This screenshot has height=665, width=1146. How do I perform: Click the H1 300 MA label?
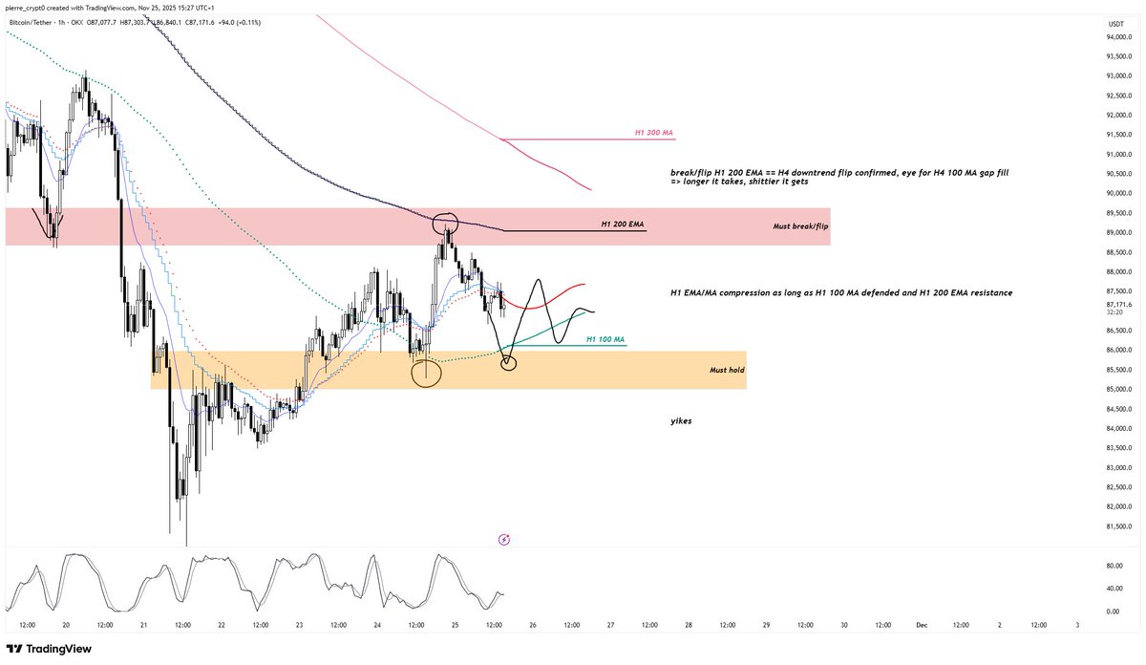pyautogui.click(x=655, y=133)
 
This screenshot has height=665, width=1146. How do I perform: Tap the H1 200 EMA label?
pyautogui.click(x=622, y=225)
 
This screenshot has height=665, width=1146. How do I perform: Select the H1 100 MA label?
pyautogui.click(x=605, y=339)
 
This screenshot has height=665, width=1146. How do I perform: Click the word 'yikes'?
pyautogui.click(x=682, y=420)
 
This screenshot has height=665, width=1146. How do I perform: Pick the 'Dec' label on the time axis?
pyautogui.click(x=921, y=625)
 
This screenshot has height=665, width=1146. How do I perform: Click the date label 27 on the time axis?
pyautogui.click(x=610, y=625)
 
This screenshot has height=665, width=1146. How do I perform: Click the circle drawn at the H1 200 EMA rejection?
pyautogui.click(x=445, y=225)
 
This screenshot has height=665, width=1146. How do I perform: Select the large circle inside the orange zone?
pyautogui.click(x=426, y=373)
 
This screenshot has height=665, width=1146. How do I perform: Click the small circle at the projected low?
pyautogui.click(x=508, y=362)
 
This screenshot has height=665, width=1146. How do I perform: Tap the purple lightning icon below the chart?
pyautogui.click(x=504, y=540)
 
